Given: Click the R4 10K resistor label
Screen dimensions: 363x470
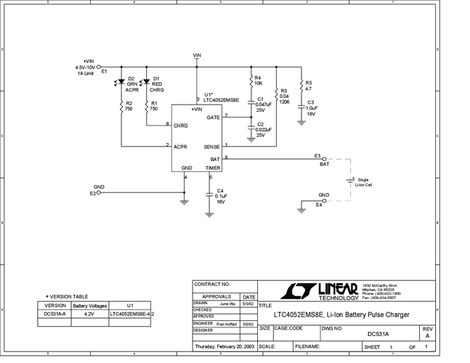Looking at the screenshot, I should click(257, 81).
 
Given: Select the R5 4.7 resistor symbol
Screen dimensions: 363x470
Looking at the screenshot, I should click(301, 85).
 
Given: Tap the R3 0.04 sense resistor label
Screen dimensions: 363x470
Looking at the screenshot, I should click(284, 97).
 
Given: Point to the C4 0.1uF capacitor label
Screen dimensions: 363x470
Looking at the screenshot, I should click(221, 196).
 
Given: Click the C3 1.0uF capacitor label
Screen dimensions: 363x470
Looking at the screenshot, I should click(310, 108).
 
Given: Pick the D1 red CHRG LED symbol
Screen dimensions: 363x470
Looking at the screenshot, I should click(146, 82).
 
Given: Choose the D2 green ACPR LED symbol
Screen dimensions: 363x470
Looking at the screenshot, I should click(121, 82).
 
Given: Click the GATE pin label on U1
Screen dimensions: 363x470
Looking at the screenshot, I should click(213, 117).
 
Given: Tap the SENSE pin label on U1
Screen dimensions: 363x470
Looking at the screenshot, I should click(211, 146).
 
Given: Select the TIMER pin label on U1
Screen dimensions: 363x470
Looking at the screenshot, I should click(212, 168).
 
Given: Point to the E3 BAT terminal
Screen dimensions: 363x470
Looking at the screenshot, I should click(323, 158).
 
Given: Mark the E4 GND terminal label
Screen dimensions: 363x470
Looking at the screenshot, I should click(318, 205).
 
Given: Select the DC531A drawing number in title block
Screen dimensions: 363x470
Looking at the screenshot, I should click(378, 334).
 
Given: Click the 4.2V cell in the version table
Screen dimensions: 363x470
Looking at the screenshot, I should click(89, 314).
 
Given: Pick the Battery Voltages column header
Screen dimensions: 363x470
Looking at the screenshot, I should click(89, 306).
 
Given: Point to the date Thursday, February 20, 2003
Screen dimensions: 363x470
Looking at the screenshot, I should click(224, 347).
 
